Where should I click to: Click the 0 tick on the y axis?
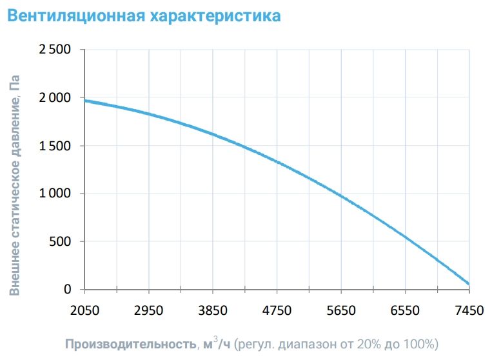[67, 290]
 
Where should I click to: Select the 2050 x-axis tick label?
[84, 310]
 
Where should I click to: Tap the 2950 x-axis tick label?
[148, 310]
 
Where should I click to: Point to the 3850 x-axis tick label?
[213, 310]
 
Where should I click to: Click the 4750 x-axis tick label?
[277, 310]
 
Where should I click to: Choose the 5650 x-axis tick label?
[341, 310]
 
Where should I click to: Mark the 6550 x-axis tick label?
[405, 310]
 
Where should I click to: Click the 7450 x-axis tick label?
[469, 310]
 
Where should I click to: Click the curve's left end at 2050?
[85, 100]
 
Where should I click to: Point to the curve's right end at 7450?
[468, 284]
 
